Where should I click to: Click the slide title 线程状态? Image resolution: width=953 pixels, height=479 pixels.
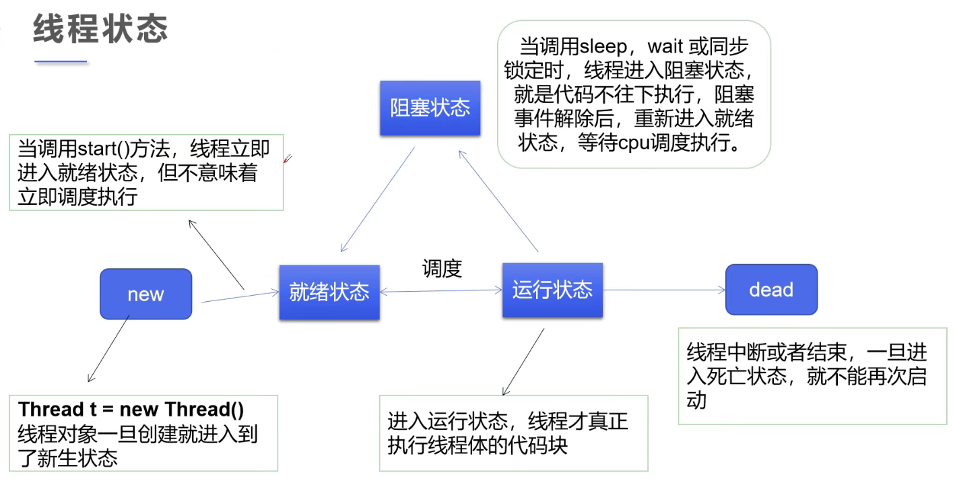pyautogui.click(x=100, y=30)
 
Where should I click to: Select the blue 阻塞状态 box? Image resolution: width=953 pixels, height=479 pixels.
pyautogui.click(x=430, y=108)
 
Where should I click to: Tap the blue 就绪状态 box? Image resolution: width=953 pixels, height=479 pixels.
pyautogui.click(x=329, y=292)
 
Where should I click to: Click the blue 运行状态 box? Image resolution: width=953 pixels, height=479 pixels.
pyautogui.click(x=552, y=290)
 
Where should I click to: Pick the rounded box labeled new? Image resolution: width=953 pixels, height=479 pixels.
pyautogui.click(x=145, y=294)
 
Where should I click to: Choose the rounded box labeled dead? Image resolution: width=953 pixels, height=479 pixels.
pyautogui.click(x=771, y=290)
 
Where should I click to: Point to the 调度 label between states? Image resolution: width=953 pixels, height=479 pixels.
pyautogui.click(x=442, y=269)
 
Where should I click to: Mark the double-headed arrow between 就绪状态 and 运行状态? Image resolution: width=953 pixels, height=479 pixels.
pyautogui.click(x=441, y=291)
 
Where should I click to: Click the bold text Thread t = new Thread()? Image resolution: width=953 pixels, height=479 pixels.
pyautogui.click(x=131, y=410)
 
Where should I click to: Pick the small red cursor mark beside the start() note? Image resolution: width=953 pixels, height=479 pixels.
pyautogui.click(x=288, y=159)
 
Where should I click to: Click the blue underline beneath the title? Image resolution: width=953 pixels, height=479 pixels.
pyautogui.click(x=61, y=61)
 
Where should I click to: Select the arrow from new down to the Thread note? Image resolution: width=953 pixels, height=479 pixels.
pyautogui.click(x=108, y=350)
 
